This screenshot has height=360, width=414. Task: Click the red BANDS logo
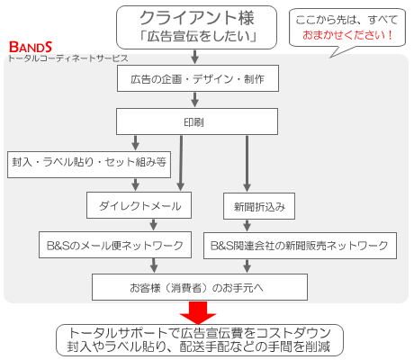[31, 47]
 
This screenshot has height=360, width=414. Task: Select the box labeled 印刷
[197, 121]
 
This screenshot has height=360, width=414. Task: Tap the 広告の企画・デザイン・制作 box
[198, 78]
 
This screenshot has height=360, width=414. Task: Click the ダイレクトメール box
[139, 205]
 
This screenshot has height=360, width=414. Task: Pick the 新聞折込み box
[259, 206]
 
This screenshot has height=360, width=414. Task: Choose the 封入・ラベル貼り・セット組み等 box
[89, 165]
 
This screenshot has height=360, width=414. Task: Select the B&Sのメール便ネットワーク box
[115, 245]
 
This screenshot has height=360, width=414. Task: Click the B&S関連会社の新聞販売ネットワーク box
[300, 246]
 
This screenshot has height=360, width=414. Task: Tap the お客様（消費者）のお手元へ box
[200, 287]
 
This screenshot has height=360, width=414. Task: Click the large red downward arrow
[198, 312]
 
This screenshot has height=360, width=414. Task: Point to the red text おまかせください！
[347, 35]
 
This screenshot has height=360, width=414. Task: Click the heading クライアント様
[197, 18]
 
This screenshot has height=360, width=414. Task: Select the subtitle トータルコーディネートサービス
[68, 58]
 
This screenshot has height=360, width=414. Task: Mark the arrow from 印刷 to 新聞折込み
[247, 164]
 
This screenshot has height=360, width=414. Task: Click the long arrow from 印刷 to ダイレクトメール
[181, 163]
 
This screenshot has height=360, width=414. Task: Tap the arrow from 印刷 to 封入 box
[135, 143]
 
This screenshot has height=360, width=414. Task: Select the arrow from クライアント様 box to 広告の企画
[195, 57]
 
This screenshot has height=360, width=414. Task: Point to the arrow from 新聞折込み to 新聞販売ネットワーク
[247, 226]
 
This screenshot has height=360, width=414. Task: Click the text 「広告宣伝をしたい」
[198, 36]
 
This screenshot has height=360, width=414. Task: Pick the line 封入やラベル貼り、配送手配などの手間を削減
[198, 346]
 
